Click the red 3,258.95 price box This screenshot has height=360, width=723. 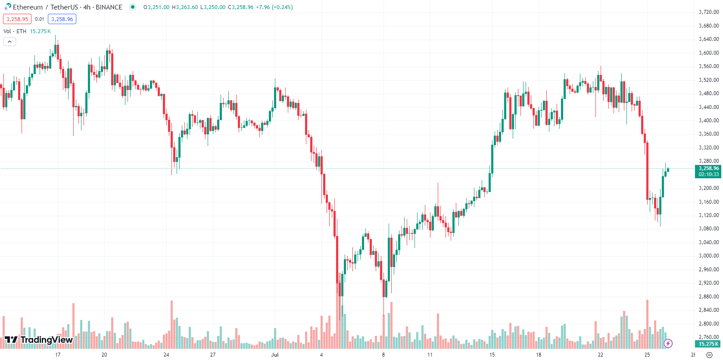[x=17, y=19]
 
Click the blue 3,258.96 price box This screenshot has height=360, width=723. [x=62, y=19]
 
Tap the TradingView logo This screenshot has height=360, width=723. [x=39, y=340]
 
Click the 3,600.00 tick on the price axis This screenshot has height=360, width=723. [x=708, y=53]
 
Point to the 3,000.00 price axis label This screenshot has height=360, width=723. [x=708, y=256]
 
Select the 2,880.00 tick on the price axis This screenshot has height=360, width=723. [x=708, y=297]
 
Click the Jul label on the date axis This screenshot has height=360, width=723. [x=275, y=355]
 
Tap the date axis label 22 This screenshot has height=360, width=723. [x=601, y=355]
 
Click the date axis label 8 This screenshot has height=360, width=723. [x=383, y=355]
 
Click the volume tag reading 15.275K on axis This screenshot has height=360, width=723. [x=708, y=344]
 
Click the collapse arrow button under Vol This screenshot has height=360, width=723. [x=9, y=42]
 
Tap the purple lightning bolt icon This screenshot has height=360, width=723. [x=668, y=343]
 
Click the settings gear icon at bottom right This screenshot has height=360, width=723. [x=710, y=355]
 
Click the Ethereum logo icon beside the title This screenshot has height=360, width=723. [x=7, y=7]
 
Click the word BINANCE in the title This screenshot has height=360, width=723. [x=109, y=7]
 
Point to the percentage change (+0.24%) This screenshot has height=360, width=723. [x=282, y=7]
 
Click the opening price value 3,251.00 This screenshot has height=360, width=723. [x=158, y=7]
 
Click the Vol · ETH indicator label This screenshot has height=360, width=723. [x=15, y=31]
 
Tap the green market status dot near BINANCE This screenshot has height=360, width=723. [x=133, y=7]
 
